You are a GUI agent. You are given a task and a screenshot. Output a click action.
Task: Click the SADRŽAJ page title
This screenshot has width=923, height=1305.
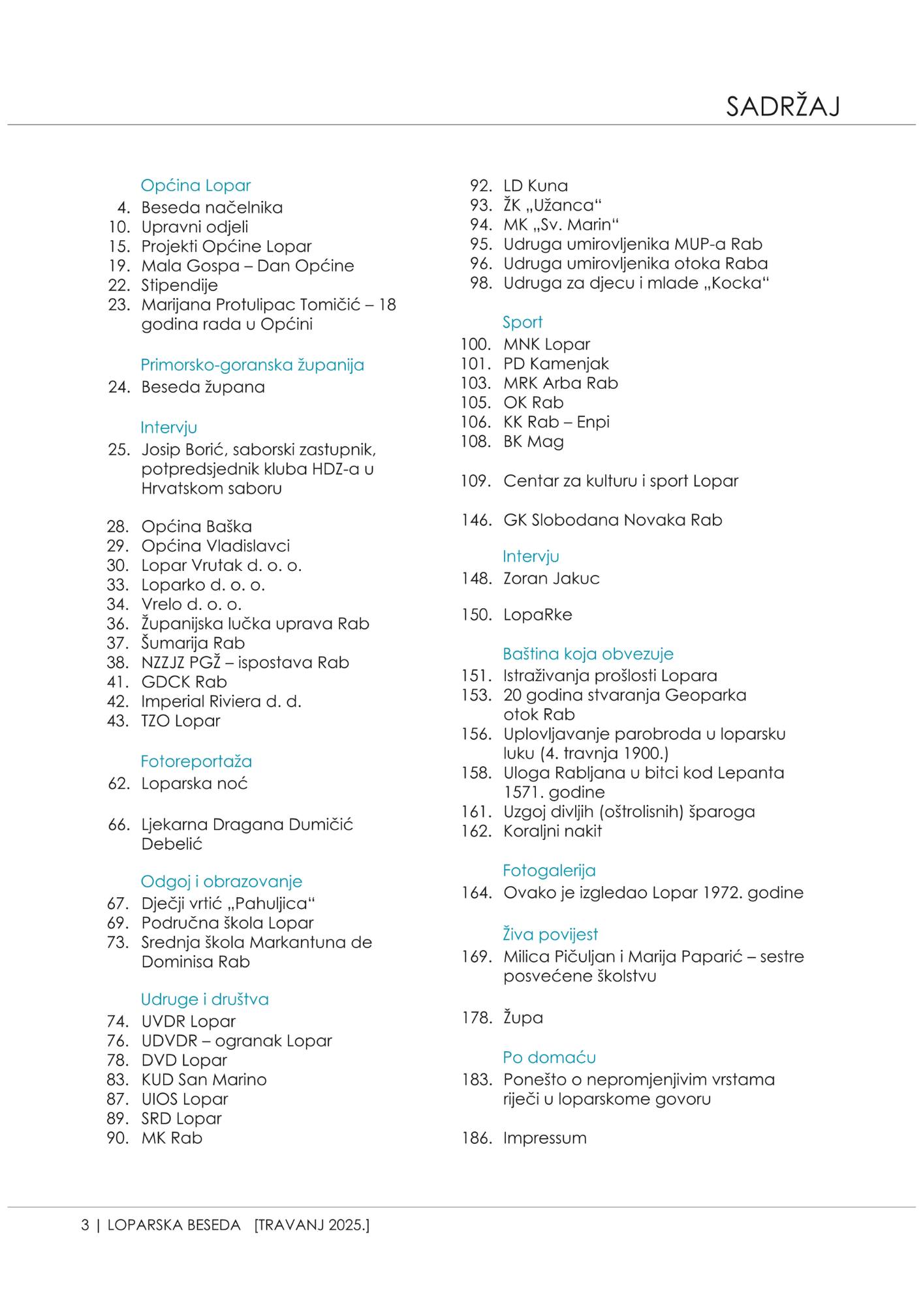(x=782, y=106)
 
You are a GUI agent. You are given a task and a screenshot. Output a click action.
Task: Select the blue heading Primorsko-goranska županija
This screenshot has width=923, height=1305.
(x=252, y=365)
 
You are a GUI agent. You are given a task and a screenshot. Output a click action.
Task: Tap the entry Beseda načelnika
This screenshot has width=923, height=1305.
(x=211, y=207)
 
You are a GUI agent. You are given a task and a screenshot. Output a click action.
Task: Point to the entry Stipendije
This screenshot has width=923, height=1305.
(x=180, y=285)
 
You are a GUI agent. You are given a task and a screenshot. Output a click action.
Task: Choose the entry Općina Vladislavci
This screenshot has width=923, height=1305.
(x=215, y=545)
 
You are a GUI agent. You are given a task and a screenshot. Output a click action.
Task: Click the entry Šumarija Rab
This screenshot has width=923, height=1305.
(x=193, y=643)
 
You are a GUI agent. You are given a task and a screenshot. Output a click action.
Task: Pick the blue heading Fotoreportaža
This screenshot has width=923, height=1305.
(x=196, y=761)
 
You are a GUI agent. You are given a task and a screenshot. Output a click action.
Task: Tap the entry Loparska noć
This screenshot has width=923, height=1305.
(x=195, y=784)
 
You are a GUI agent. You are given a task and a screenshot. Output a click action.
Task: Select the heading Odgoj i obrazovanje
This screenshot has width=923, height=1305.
(x=221, y=882)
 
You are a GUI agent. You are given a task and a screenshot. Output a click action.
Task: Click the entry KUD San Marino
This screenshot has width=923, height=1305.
(x=204, y=1080)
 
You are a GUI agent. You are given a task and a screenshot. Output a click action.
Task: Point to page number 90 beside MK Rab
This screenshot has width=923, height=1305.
(x=118, y=1138)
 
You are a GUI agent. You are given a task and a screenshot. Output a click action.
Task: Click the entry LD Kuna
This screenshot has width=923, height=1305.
(x=535, y=186)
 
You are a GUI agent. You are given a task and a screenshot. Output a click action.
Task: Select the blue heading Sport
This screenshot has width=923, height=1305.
(x=522, y=322)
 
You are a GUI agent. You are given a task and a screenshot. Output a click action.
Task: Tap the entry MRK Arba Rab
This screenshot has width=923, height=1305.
(x=560, y=383)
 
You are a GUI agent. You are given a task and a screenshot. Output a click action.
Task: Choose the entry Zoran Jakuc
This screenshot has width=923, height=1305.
(x=551, y=579)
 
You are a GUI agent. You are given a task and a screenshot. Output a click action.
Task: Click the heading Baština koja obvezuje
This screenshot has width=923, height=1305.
(x=587, y=654)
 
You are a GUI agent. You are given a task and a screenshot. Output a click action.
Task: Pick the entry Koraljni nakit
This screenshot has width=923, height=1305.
(x=552, y=831)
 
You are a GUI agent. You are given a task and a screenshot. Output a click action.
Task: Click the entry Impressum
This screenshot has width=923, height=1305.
(x=544, y=1138)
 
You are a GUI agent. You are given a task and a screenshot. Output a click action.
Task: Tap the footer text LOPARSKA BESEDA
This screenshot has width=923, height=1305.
(x=174, y=1225)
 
